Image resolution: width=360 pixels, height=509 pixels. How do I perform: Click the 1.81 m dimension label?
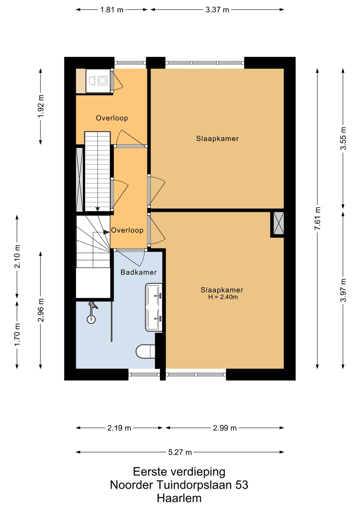point(112,10)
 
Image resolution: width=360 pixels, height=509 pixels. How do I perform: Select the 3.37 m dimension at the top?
point(217,10)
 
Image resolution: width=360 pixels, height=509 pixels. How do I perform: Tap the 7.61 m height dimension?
point(318,218)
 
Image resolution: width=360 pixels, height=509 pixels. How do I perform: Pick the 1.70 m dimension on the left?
point(17,334)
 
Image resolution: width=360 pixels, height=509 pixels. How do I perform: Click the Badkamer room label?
point(139,272)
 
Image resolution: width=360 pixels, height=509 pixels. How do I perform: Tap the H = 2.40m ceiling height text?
point(223,297)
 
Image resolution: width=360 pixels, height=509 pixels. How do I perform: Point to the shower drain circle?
point(91,319)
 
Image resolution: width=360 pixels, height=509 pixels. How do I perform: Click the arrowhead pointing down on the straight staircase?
point(98,209)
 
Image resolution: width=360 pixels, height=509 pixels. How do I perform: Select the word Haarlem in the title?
point(179,498)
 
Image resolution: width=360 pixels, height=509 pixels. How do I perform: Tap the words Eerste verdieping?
point(179,472)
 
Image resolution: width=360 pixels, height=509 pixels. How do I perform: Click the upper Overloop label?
point(112,118)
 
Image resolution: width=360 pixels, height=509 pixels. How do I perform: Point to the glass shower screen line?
point(112,322)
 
